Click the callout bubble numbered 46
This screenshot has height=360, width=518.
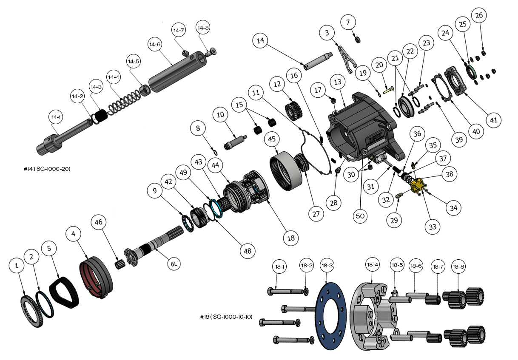click(x=99, y=223)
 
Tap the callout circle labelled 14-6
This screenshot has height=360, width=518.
click(x=154, y=44)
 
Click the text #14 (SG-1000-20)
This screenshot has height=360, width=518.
click(x=47, y=169)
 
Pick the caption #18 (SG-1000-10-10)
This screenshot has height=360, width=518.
click(x=226, y=317)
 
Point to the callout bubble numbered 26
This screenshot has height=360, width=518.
click(x=479, y=16)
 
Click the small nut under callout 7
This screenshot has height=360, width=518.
click(x=358, y=39)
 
